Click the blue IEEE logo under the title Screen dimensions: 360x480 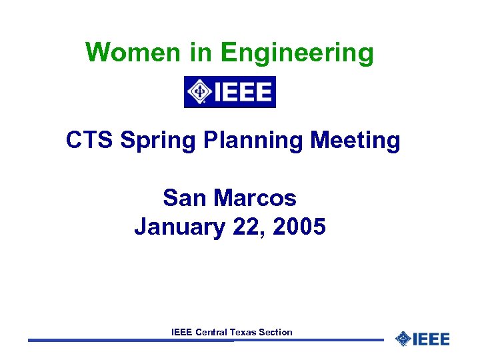[x=229, y=92]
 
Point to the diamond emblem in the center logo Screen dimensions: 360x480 [x=199, y=92]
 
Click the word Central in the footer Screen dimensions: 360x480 [x=211, y=332]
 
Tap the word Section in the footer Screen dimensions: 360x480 [x=276, y=332]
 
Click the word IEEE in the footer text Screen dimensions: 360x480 [x=182, y=332]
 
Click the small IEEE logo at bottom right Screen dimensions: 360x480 [x=423, y=339]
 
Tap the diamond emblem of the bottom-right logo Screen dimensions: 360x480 [x=403, y=339]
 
